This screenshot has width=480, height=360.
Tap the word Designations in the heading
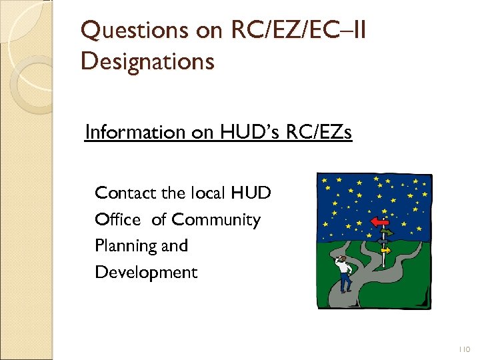[x=147, y=61]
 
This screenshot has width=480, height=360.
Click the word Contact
[x=126, y=193]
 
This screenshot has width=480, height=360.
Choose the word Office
[x=118, y=219]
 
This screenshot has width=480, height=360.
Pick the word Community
[x=215, y=219]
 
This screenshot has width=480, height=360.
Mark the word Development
[x=146, y=272]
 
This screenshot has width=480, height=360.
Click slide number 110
[x=464, y=349]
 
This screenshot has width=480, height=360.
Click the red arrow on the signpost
[x=379, y=221]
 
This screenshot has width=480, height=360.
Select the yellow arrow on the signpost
[x=386, y=250]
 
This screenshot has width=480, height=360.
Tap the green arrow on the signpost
[x=387, y=232]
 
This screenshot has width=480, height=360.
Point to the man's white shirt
[x=344, y=267]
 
